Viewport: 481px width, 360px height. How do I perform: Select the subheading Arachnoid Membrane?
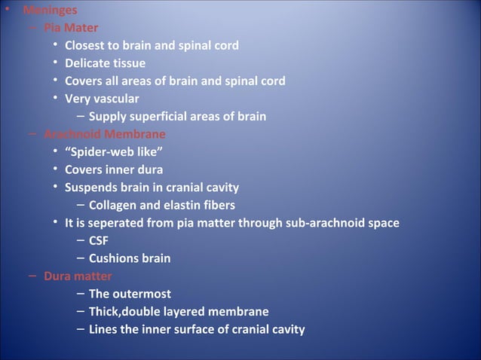[105, 135]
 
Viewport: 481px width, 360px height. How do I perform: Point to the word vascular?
[116, 99]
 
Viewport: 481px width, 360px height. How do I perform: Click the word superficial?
[157, 117]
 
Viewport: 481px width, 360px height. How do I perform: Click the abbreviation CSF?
[99, 241]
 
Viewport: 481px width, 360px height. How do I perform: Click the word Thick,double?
[129, 312]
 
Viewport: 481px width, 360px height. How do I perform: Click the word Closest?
[87, 46]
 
